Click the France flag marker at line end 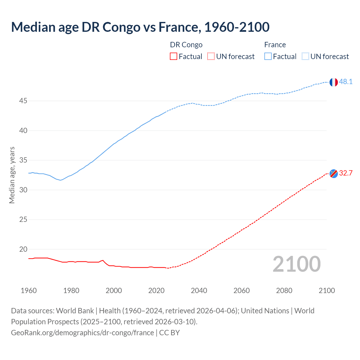[334, 82]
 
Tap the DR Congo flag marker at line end [334, 174]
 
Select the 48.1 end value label [346, 82]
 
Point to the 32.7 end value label [346, 173]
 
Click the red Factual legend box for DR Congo [174, 57]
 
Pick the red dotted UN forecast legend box [211, 57]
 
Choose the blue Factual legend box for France [268, 57]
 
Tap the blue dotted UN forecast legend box [305, 57]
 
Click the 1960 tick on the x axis [29, 291]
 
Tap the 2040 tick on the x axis [199, 291]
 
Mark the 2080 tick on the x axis [284, 291]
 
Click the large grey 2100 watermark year [296, 264]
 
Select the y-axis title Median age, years [12, 175]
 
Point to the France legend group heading [275, 45]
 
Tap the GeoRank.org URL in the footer [82, 332]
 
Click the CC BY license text [169, 332]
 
